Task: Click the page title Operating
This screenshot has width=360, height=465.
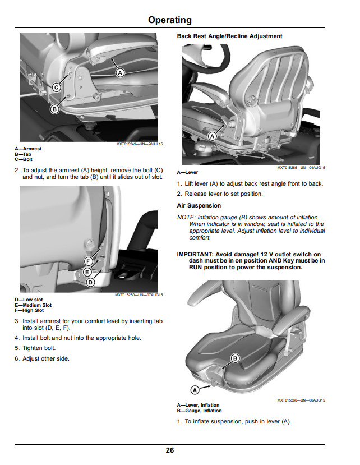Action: coord(169,20)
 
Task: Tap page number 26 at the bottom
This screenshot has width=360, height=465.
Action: coord(169,450)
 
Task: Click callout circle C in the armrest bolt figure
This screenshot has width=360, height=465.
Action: coord(56,88)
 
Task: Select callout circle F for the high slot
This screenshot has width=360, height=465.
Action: coord(88,261)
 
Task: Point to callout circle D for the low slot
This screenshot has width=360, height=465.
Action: coord(90,282)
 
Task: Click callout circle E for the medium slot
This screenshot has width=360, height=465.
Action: coord(87,272)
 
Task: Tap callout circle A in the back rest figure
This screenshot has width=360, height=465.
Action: coord(213,136)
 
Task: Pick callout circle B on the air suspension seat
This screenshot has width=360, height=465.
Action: coord(235,358)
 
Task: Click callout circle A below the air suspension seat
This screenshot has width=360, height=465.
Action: coord(195,390)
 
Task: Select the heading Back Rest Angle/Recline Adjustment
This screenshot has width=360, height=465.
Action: coord(229,36)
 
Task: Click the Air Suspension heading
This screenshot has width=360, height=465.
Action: coord(199,205)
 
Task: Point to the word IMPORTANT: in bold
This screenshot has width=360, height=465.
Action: coord(195,254)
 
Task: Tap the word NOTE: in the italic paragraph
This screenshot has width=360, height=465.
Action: coord(186,218)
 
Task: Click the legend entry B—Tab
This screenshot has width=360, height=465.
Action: coord(23,154)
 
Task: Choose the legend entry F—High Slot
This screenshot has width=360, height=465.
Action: coord(29,310)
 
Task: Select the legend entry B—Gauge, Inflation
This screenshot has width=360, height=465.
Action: coord(199,411)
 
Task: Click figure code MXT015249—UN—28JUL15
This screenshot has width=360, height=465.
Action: coord(140,144)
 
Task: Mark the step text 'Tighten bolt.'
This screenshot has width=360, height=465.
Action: coord(39,348)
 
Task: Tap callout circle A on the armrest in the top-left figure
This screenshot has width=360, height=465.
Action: coord(120,73)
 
